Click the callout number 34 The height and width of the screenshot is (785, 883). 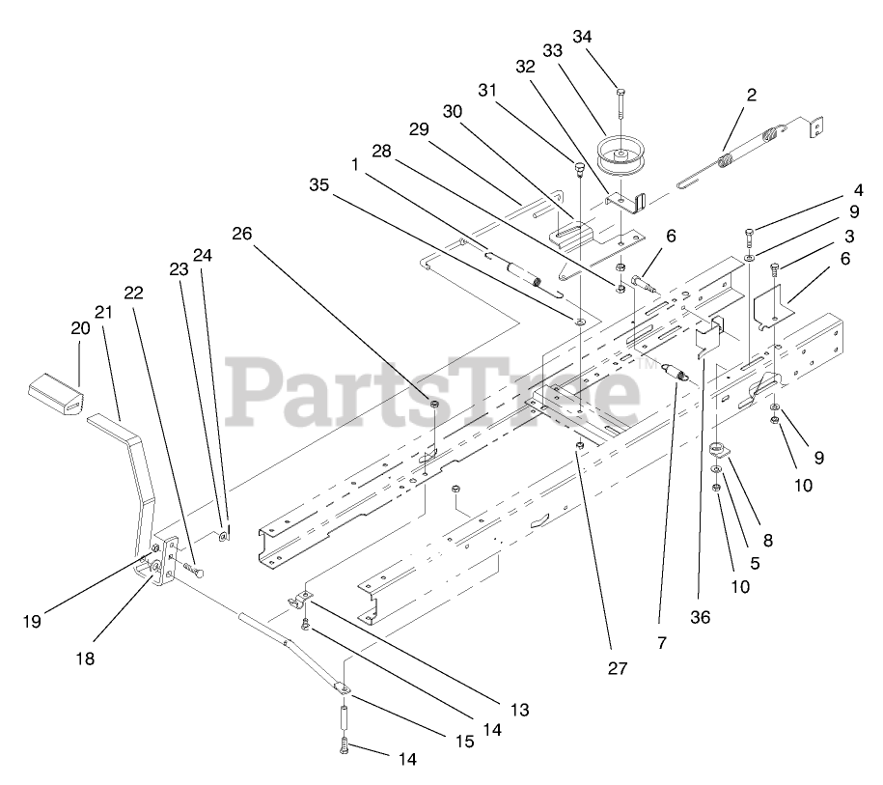tap(609, 37)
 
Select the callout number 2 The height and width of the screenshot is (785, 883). tap(751, 95)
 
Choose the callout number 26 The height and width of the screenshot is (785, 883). tap(242, 233)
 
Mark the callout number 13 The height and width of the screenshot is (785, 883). tap(519, 710)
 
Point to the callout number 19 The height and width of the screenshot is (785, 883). tap(32, 622)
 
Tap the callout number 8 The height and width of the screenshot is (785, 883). tap(768, 541)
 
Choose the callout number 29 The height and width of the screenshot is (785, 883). tap(417, 128)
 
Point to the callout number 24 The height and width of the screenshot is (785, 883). tap(201, 256)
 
